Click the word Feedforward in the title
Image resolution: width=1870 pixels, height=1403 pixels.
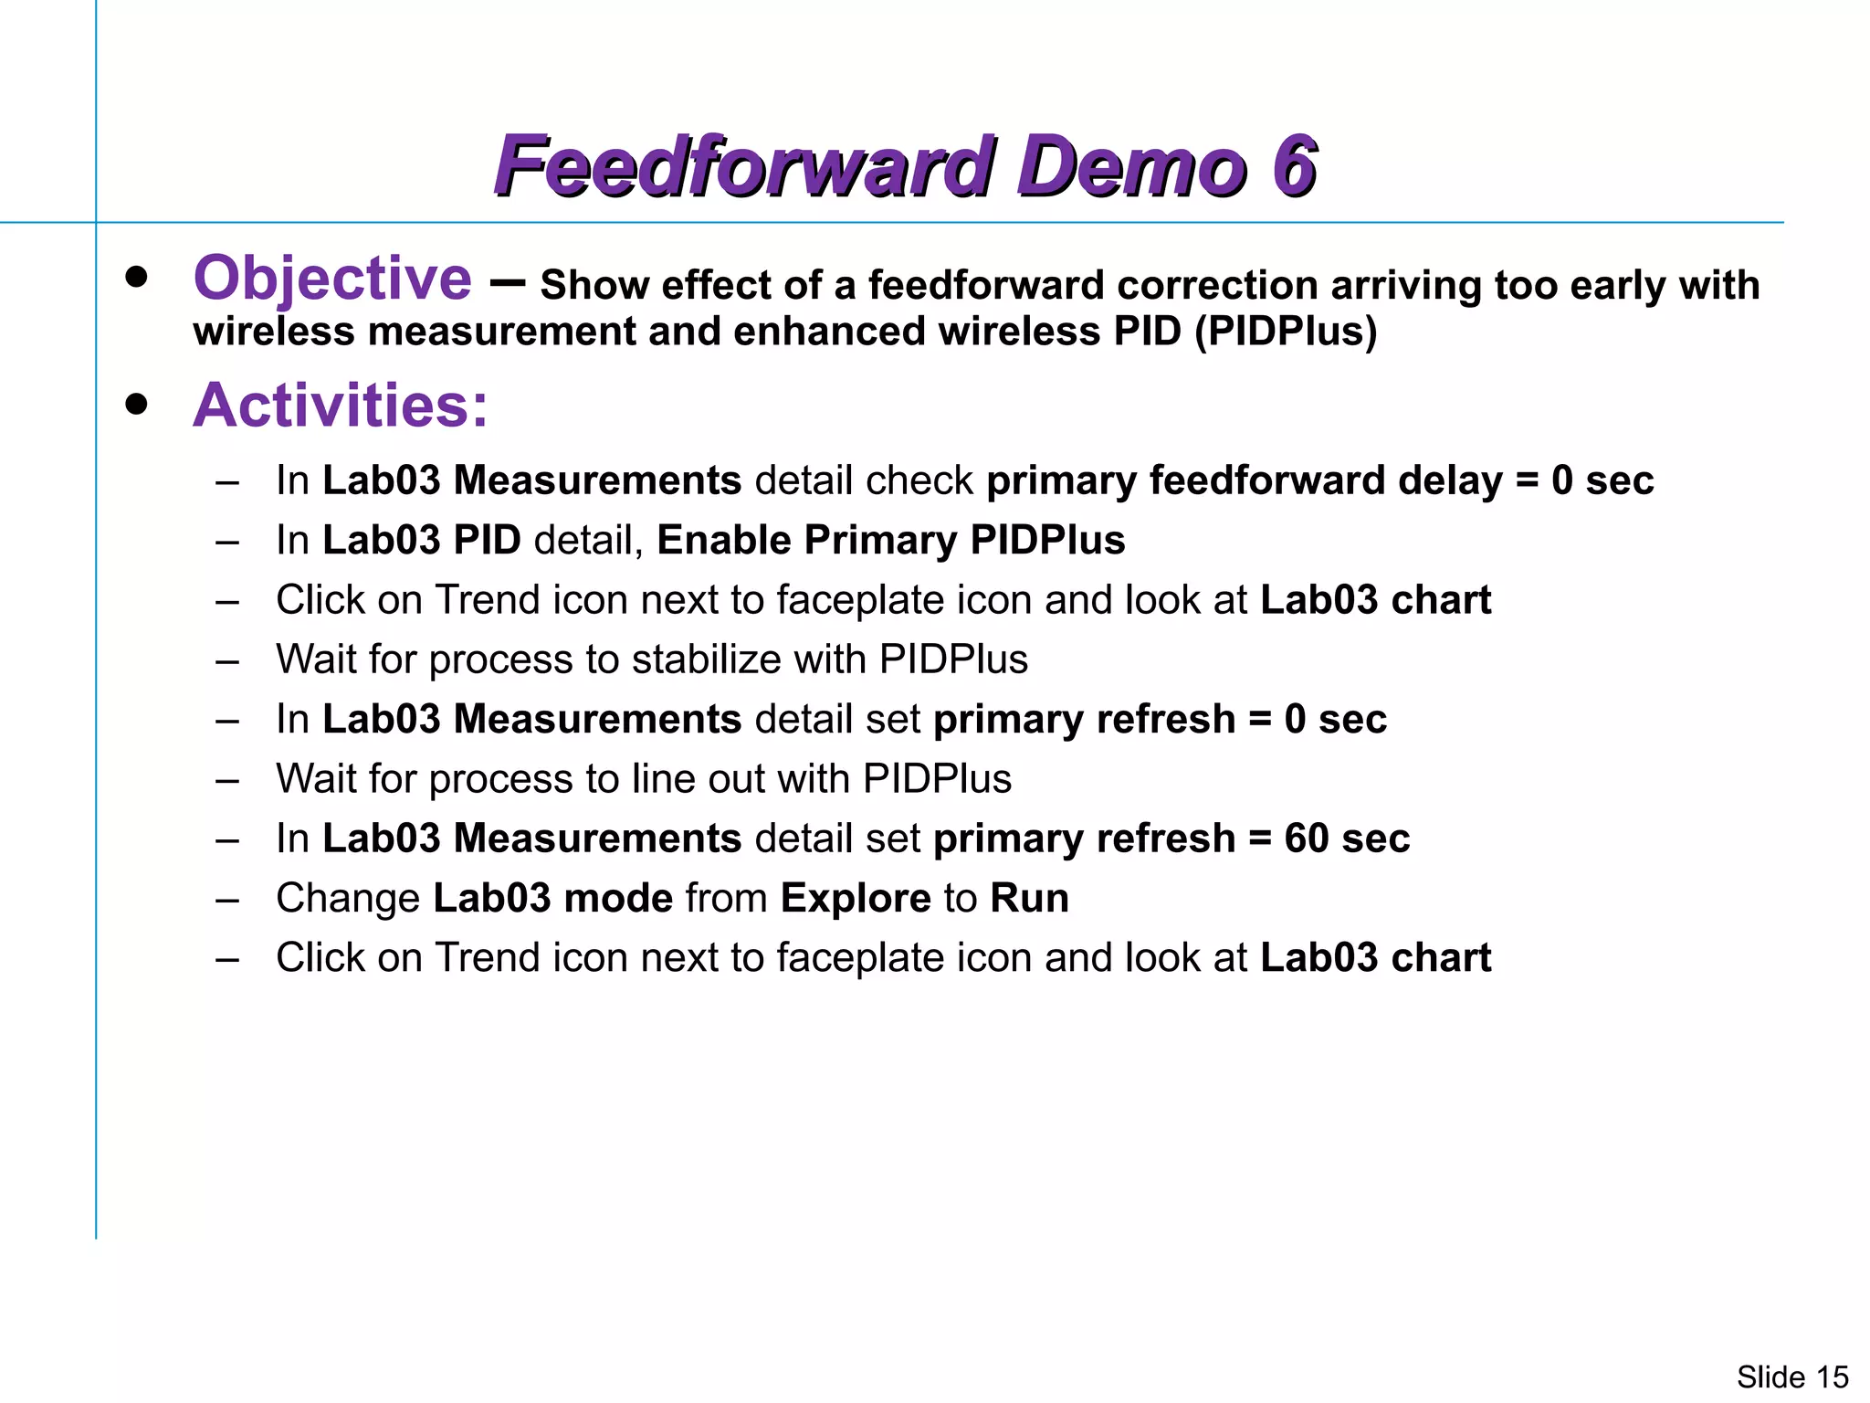click(x=743, y=166)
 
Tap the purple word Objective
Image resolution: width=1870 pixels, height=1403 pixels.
click(x=332, y=278)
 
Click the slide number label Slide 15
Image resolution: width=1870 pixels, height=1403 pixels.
click(x=1791, y=1377)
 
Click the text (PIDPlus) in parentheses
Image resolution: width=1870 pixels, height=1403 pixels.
click(x=1286, y=331)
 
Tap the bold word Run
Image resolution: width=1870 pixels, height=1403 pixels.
click(x=1029, y=898)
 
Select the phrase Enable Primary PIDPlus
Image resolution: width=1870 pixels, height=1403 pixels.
click(x=890, y=540)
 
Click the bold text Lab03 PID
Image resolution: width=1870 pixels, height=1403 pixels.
click(x=421, y=540)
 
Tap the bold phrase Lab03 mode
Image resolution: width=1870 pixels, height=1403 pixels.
click(x=552, y=898)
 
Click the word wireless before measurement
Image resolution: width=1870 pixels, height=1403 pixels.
click(x=273, y=331)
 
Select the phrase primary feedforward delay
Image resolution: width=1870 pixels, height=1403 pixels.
click(x=1243, y=480)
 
